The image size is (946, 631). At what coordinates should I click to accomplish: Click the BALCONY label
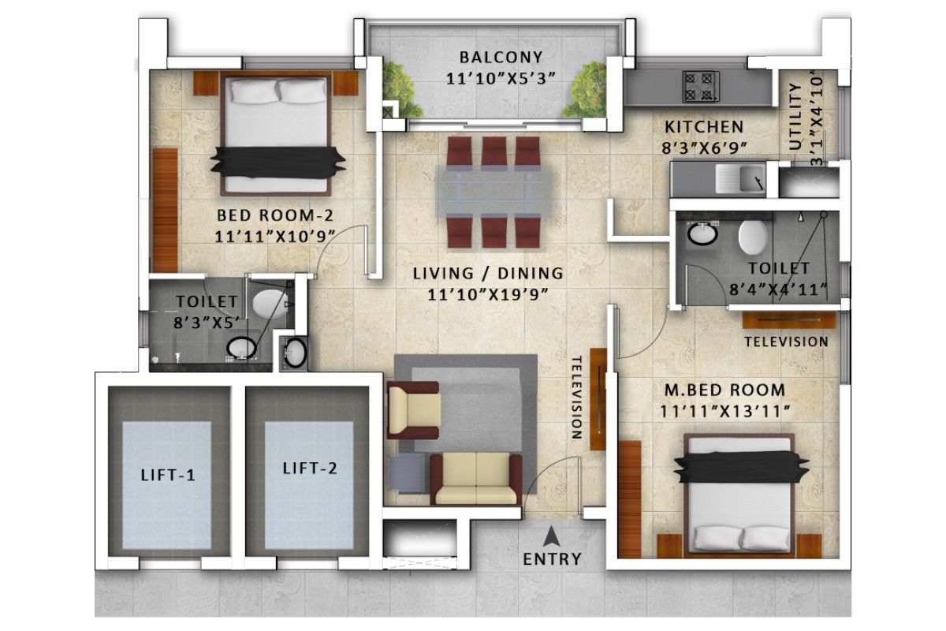[501, 57]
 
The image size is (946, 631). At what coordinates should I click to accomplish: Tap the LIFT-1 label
[168, 476]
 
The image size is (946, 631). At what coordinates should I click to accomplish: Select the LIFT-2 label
[310, 469]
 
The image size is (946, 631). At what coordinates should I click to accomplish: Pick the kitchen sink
[740, 177]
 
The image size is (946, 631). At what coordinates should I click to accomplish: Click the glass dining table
[493, 192]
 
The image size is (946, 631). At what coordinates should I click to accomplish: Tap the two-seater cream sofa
[476, 479]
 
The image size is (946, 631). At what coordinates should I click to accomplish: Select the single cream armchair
[413, 410]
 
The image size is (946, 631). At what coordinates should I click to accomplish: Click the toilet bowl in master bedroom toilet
[753, 237]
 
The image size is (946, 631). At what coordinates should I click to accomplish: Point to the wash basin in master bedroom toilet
[702, 233]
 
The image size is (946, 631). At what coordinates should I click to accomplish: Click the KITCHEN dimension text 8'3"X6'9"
[705, 148]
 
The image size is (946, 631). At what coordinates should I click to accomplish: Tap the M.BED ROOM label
[724, 390]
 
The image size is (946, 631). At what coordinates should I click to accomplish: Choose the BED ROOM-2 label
[275, 215]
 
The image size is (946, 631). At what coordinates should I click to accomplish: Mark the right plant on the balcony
[585, 90]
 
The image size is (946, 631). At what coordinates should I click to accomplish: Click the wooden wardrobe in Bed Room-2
[165, 210]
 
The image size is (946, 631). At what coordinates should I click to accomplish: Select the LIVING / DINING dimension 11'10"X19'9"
[488, 294]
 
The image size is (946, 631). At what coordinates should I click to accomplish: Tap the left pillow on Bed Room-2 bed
[254, 91]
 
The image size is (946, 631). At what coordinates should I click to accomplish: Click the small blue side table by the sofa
[408, 473]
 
